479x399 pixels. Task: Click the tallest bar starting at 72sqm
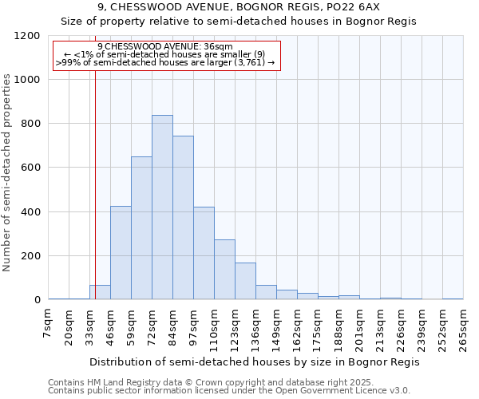[162, 207]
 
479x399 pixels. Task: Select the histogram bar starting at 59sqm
[141, 228]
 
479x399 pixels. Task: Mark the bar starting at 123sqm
[245, 281]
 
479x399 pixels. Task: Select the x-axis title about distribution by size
[255, 361]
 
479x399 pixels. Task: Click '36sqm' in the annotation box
[218, 47]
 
